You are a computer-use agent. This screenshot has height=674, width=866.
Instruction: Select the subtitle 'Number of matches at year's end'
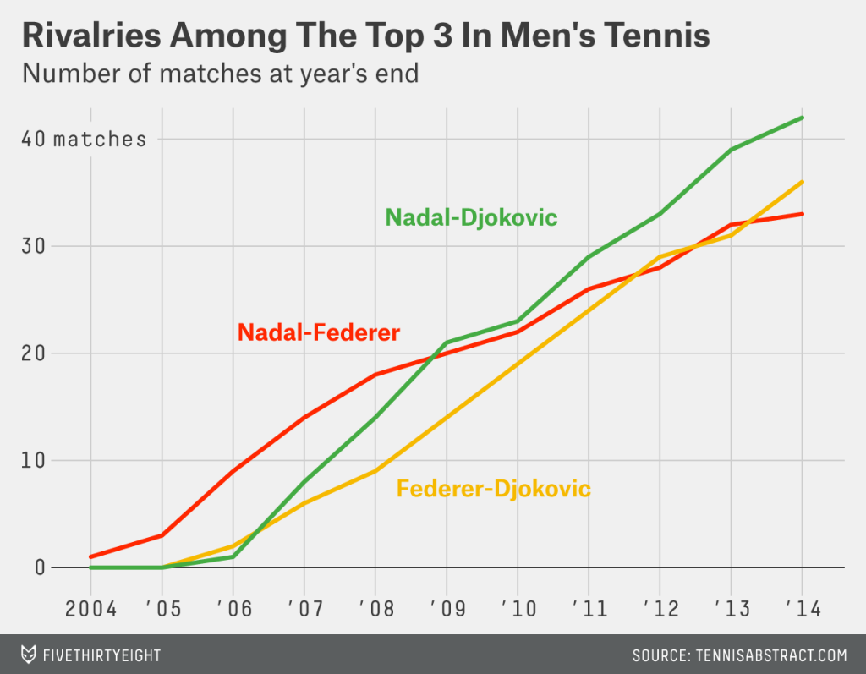pyautogui.click(x=221, y=74)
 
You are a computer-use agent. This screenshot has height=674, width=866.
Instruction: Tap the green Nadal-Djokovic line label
pyautogui.click(x=471, y=217)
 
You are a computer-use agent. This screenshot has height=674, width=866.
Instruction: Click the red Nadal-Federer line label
pyautogui.click(x=318, y=332)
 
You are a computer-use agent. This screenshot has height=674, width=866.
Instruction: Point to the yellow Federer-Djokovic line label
pyautogui.click(x=493, y=489)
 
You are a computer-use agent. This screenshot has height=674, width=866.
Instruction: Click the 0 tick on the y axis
pyautogui.click(x=40, y=567)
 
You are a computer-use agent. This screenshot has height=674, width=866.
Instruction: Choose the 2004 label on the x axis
pyautogui.click(x=90, y=608)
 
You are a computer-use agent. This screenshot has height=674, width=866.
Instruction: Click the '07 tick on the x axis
pyautogui.click(x=304, y=608)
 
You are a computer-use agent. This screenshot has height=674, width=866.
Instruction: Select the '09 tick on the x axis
pyautogui.click(x=446, y=608)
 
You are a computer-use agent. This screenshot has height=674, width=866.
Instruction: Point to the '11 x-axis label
pyautogui.click(x=589, y=608)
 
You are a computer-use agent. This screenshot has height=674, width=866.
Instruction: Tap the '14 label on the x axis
pyautogui.click(x=802, y=608)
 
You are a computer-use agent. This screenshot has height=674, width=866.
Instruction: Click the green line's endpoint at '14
pyautogui.click(x=802, y=118)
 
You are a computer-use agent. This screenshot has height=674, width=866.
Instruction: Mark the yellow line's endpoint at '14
pyautogui.click(x=802, y=182)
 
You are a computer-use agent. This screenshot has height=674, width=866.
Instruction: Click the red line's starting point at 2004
pyautogui.click(x=90, y=557)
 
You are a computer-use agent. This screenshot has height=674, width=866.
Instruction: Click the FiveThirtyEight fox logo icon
pyautogui.click(x=29, y=655)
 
